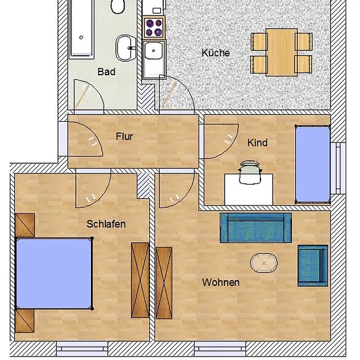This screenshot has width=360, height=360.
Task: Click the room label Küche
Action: coord(215,53)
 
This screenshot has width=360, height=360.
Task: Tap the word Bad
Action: coord(106,71)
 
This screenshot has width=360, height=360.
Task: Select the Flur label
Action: coord(124,136)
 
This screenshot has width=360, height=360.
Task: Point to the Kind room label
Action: coord(257,143)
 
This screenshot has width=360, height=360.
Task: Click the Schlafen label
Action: coord(106,224)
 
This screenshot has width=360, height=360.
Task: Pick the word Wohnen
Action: coord(221,282)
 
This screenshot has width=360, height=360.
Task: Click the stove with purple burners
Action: coord(154,27)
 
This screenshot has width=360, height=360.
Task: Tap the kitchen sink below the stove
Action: coord(154,60)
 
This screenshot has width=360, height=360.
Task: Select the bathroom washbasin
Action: coord(126,48)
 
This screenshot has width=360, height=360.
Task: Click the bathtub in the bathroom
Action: coord(82,29)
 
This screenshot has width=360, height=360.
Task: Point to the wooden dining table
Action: coord(281,52)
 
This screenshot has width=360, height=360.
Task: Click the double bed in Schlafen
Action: coord(54,274)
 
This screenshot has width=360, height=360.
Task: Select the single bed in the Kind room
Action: coord(312,164)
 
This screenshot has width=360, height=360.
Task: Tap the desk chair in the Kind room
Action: coord(249,172)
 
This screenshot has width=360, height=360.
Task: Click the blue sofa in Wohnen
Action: coord(256,228)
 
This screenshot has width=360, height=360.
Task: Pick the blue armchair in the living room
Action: coord(313,266)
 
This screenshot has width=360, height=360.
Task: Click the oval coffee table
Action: coord(264,263)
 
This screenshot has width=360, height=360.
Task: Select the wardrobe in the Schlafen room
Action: coord(140,280)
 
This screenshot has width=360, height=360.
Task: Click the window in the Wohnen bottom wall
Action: coord(220,350)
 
